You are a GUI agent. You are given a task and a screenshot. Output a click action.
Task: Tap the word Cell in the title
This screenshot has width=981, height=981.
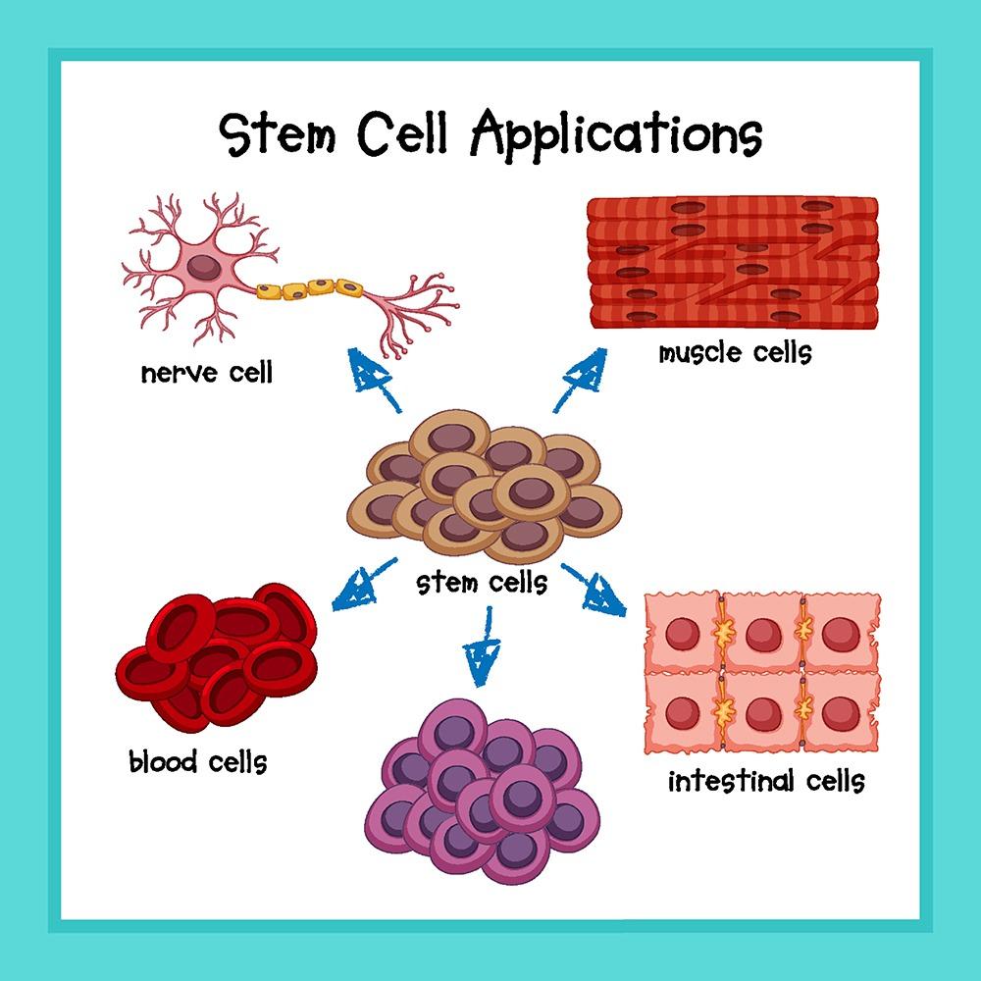coord(402,132)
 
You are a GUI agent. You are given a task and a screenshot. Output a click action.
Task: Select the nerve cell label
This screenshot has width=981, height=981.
coord(207,373)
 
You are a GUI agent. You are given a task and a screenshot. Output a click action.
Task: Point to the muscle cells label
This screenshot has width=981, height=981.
coord(735,353)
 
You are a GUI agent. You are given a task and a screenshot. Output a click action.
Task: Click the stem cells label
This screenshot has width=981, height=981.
coord(482,583)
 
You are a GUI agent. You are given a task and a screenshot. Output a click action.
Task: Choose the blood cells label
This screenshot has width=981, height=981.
coord(198,761)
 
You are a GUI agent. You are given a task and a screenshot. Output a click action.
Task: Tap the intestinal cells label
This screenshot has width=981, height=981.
coord(766,781)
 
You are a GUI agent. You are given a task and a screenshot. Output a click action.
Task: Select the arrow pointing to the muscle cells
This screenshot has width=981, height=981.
coord(580,381)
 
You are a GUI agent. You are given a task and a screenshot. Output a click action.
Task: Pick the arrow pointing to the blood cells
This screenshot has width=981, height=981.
coord(364,585)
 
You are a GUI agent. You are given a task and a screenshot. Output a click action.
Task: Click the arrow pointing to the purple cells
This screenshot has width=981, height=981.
coord(483,647)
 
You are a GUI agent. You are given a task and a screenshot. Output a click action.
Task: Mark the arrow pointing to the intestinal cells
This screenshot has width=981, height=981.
coord(594,590)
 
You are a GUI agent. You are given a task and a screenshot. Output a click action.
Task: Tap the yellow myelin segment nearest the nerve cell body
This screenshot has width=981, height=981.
coord(269,290)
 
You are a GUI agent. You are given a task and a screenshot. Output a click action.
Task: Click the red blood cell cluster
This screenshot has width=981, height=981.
coord(217,657)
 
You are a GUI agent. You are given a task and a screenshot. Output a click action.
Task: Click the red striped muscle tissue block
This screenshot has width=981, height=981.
coord(733,263)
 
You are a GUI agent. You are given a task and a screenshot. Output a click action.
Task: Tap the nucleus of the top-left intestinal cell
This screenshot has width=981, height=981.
coord(682,633)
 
